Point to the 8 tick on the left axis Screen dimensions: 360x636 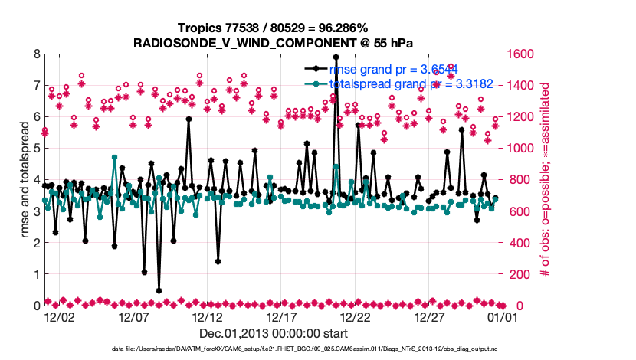pos(36,54)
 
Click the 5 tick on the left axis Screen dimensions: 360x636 pos(36,149)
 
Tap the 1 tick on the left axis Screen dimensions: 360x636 pos(36,274)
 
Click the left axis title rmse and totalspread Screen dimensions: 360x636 pos(21,180)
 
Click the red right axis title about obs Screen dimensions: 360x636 pos(545,180)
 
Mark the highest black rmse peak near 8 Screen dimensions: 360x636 pos(336,57)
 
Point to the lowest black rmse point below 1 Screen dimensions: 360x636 pos(159,291)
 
